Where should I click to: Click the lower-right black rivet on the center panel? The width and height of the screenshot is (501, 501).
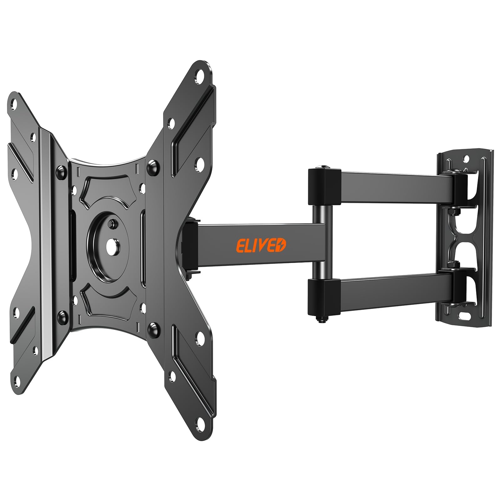point(153,328)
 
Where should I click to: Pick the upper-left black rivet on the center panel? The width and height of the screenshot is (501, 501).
point(60,171)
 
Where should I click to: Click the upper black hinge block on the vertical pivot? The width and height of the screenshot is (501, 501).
point(324,187)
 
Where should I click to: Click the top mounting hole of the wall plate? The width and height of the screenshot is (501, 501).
point(466,158)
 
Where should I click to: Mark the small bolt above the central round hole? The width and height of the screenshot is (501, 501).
point(112,223)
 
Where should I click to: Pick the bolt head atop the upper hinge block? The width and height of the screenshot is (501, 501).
point(321,167)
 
